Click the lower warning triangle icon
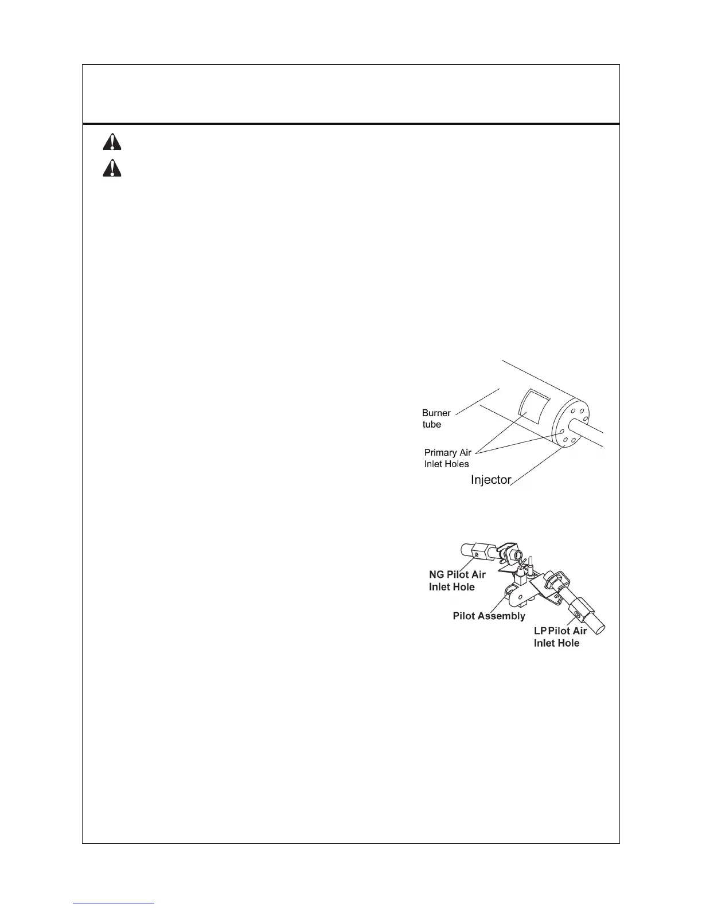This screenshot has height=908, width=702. [112, 167]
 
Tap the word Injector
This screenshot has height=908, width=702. [490, 480]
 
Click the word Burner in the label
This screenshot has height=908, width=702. [436, 413]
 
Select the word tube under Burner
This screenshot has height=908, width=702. [431, 425]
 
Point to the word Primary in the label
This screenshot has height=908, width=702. [440, 452]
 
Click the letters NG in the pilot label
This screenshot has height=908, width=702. [436, 575]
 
